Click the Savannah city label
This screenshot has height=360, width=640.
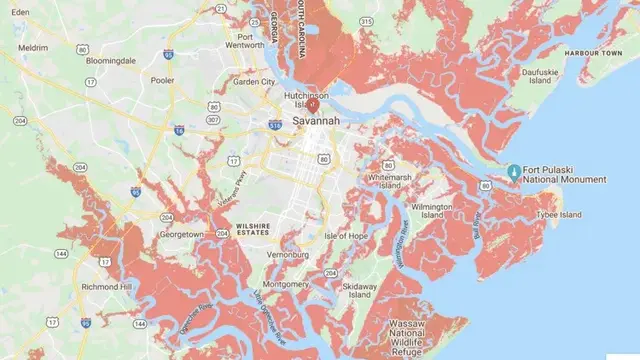coord(316,120)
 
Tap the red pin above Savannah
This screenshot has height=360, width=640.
coord(312,102)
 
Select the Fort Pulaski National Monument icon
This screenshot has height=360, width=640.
coord(513,172)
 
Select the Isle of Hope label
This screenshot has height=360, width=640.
coord(346,236)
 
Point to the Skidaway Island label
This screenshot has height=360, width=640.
coord(359,290)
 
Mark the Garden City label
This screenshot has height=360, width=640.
coord(253,82)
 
